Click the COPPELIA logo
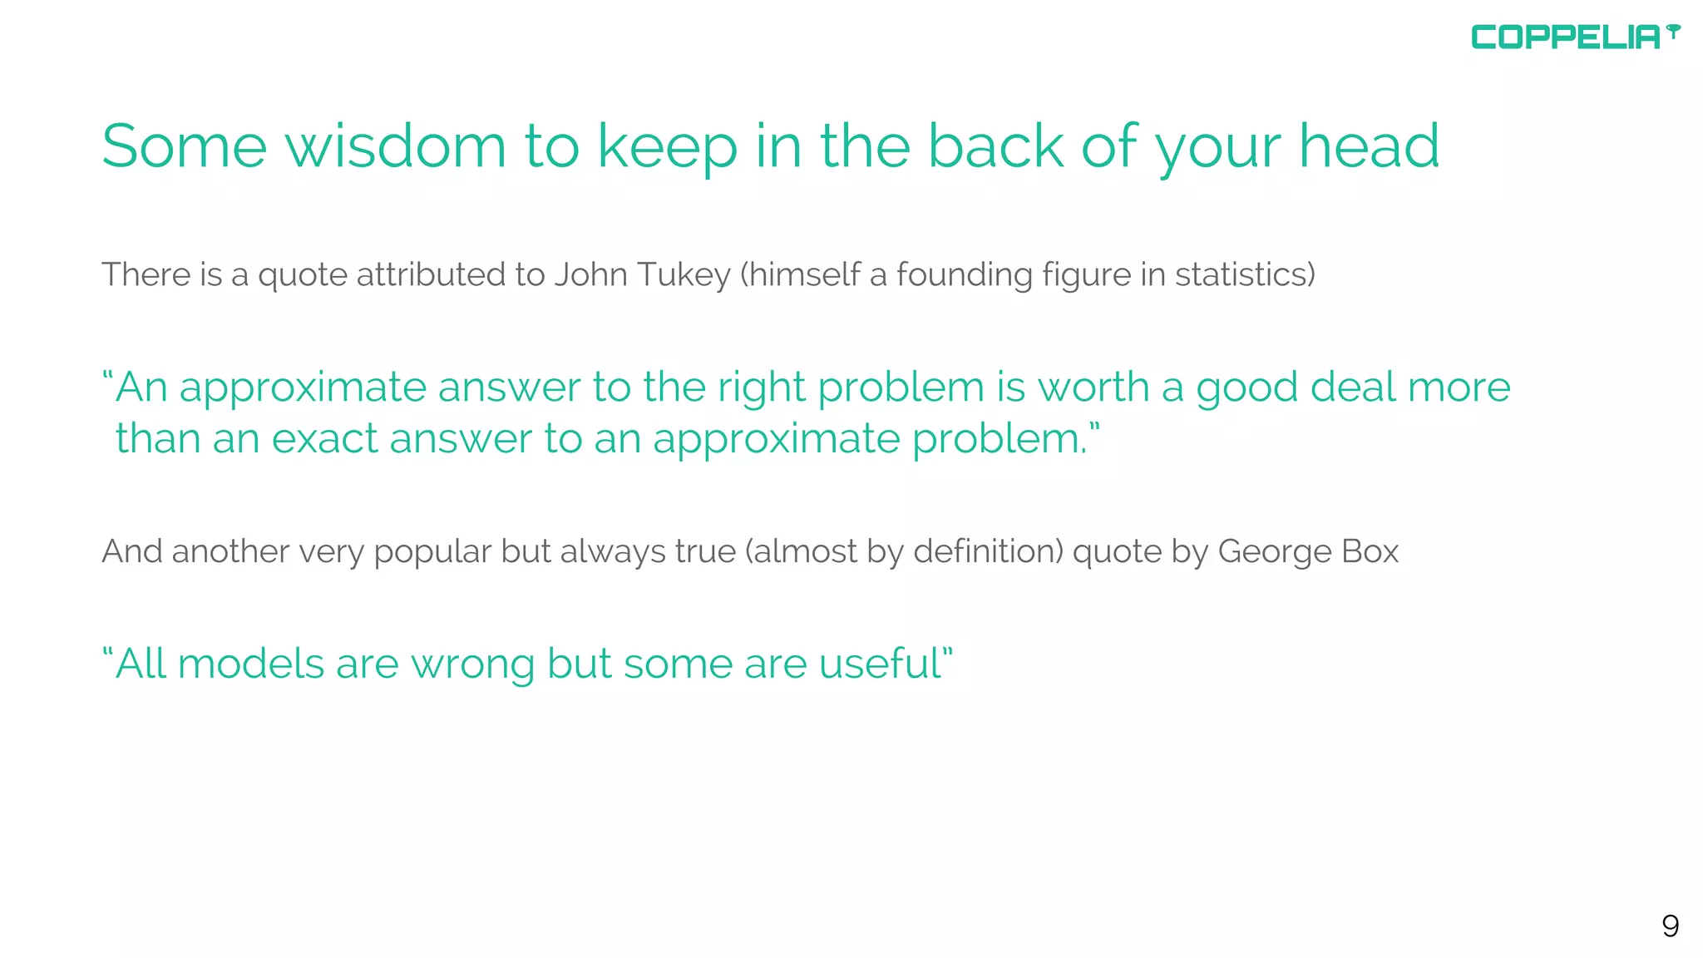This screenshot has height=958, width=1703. coord(1574,37)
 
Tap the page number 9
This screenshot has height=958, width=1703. coord(1670,926)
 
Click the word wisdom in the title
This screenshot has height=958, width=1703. coord(395,146)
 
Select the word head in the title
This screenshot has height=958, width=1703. coord(1369,146)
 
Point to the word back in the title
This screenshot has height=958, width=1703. coord(995,146)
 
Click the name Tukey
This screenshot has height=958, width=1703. coord(684,275)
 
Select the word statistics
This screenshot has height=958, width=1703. coord(1244,274)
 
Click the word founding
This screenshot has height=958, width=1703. coord(964,275)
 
